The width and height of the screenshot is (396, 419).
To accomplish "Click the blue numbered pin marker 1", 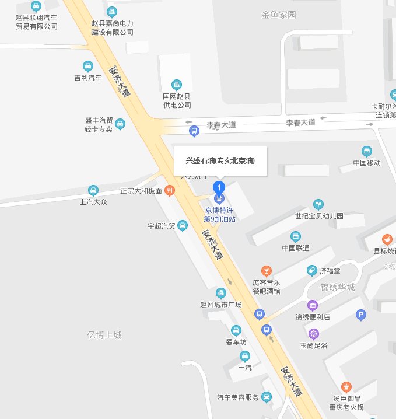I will coord(219,188).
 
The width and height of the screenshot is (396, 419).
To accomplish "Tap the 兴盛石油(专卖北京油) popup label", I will coord(220,160).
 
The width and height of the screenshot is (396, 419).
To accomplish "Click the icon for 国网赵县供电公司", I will coord(176,85).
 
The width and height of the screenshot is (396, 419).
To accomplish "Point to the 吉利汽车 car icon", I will coord(88,66).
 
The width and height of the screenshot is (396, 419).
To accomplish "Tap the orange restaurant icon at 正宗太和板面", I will coord(169,190).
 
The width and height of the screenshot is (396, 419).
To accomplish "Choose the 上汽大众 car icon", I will coord(93,190).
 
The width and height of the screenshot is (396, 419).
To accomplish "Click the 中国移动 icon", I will coord(366,151).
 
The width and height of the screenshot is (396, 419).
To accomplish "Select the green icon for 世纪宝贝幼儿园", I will coord(318,204).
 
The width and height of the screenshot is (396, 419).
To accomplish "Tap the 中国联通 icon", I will coord(296,236).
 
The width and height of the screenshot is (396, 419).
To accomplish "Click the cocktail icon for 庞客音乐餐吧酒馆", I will coord(266,270).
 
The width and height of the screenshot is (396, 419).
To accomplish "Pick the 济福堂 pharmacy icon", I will coord(311,270).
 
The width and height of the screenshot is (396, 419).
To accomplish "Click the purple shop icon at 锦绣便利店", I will coord(313,305).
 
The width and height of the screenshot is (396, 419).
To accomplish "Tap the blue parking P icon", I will coord(361,315).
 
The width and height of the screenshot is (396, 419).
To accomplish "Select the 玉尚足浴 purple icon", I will coord(314,334).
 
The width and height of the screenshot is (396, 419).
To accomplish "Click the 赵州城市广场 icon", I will coord(220,293).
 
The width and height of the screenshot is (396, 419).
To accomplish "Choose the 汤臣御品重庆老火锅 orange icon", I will coord(346,386).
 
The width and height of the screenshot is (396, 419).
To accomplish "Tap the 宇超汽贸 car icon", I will coord(182,225).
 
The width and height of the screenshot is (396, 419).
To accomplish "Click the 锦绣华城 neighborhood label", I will coord(338,287).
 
